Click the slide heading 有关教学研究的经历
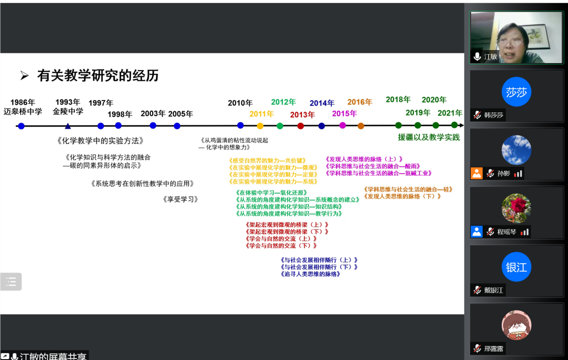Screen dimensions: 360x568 click(x=98, y=76)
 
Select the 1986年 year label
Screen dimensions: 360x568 click(x=23, y=102)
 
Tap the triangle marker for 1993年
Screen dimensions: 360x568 click(x=68, y=126)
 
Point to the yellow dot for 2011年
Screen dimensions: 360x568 click(x=260, y=126)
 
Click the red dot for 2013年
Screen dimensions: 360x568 click(x=300, y=126)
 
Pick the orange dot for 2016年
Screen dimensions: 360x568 click(x=361, y=126)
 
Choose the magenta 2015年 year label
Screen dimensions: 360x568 click(x=344, y=114)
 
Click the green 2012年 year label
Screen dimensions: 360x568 click(x=283, y=102)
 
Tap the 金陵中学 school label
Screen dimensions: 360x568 click(x=68, y=111)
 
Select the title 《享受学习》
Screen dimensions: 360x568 click(x=180, y=199)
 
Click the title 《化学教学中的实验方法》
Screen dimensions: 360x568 click(x=100, y=141)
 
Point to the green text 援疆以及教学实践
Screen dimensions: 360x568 click(x=428, y=137)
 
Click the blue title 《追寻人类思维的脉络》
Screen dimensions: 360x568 click(x=310, y=274)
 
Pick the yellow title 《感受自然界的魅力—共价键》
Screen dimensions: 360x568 click(x=268, y=160)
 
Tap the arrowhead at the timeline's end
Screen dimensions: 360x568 click(x=461, y=126)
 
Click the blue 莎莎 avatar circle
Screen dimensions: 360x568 click(x=516, y=92)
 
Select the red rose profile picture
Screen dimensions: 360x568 click(x=516, y=208)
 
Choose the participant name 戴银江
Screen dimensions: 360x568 click(x=493, y=290)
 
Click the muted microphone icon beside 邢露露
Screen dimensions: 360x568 click(x=477, y=348)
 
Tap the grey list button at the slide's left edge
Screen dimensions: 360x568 click(x=11, y=282)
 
